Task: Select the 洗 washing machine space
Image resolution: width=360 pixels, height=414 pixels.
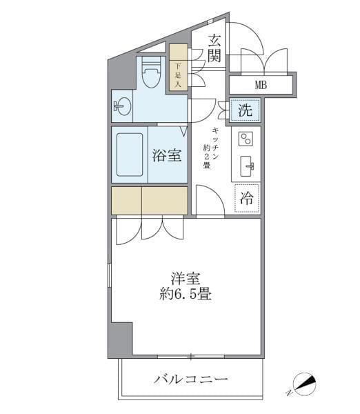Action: [245, 109]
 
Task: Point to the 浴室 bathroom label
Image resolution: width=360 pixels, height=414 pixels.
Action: [167, 155]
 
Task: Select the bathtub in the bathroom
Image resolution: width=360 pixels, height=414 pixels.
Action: [130, 155]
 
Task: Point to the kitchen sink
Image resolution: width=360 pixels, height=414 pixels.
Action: [247, 166]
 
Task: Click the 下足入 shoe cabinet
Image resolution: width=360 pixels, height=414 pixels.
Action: [178, 68]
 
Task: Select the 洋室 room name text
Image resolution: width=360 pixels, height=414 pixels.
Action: [185, 279]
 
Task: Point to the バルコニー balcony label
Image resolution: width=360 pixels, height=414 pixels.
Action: [191, 379]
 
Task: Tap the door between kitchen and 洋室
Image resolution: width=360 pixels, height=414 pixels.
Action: [210, 201]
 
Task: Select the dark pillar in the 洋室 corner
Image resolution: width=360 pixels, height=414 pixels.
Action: [120, 339]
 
